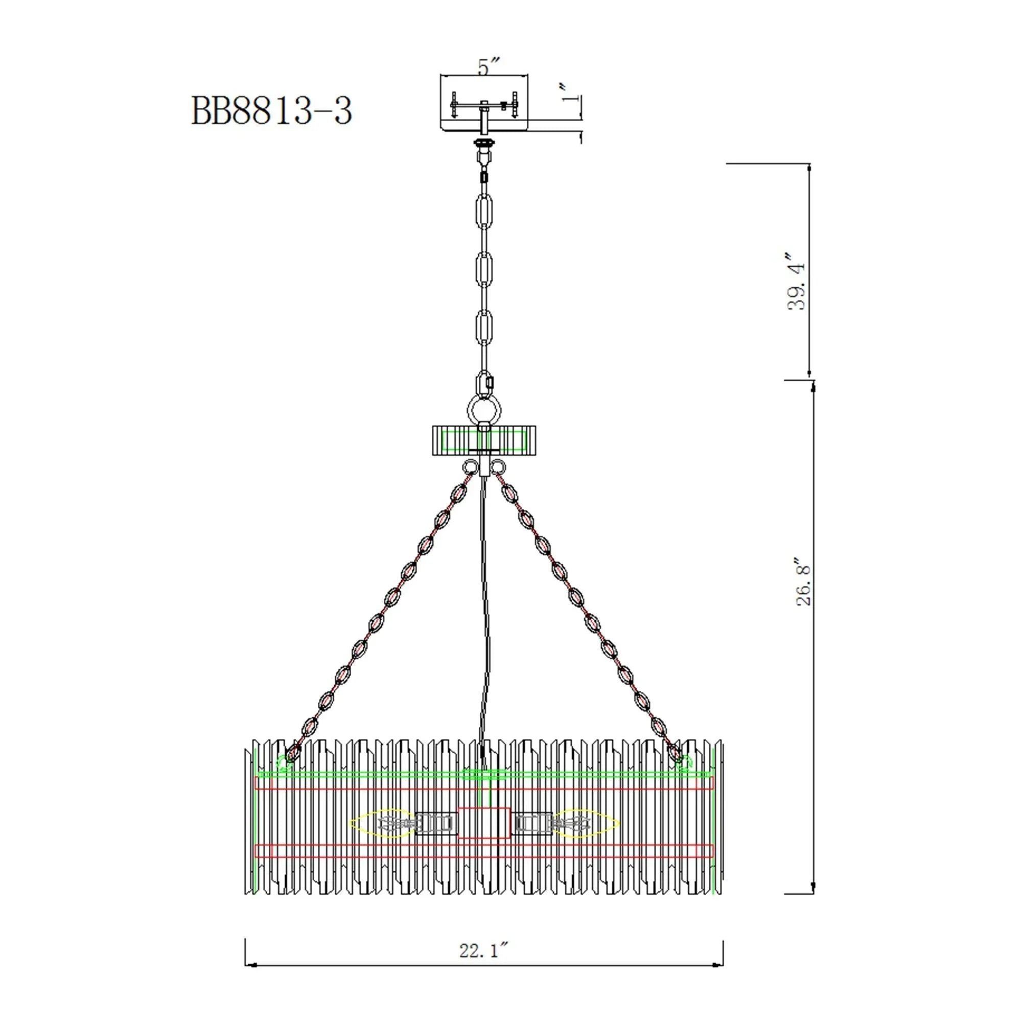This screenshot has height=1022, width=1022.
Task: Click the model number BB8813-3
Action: tap(271, 111)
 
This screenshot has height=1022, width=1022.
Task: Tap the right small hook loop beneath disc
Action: tap(498, 467)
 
